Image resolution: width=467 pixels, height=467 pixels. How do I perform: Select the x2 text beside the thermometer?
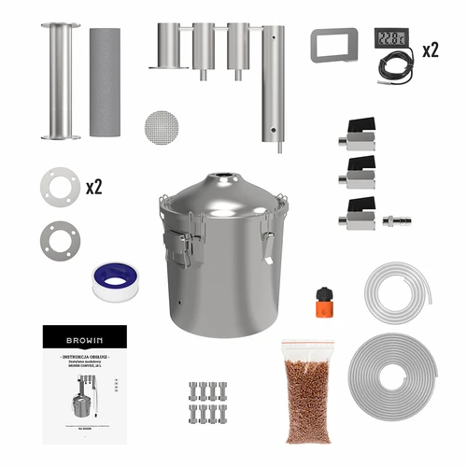click(x=429, y=50)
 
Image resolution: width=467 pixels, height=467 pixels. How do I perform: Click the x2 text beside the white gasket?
click(x=93, y=187)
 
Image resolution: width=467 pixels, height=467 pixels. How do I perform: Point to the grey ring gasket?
click(x=58, y=239)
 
